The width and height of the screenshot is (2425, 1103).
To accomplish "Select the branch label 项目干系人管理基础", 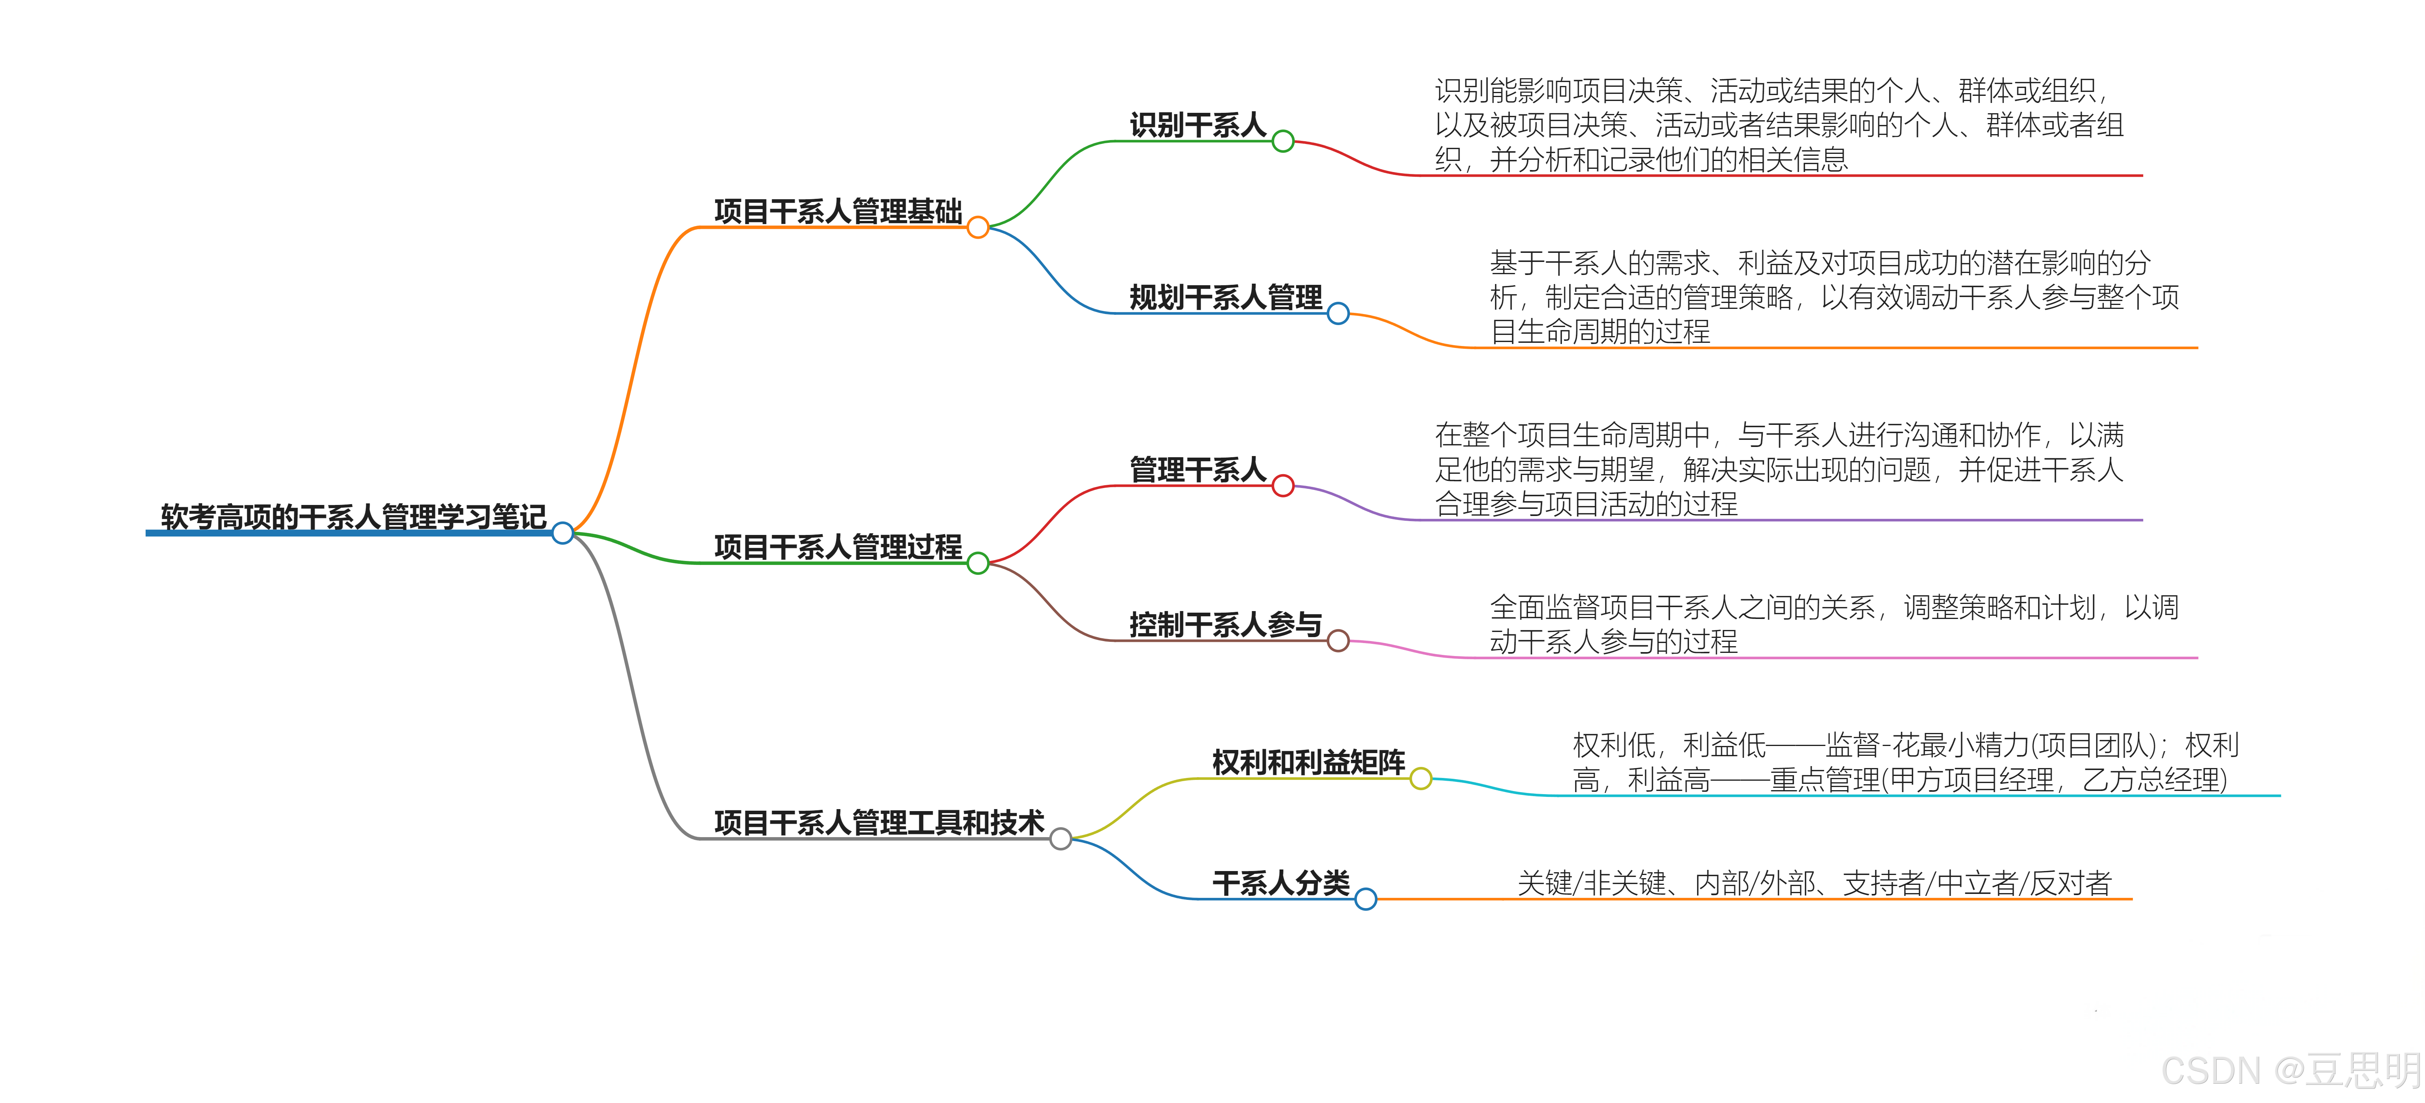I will [838, 211].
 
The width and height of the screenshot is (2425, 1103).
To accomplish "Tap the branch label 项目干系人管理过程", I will [838, 547].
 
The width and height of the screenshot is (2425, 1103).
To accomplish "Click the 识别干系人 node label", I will [1198, 125].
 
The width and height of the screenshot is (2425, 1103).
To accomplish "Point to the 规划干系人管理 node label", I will [1226, 297].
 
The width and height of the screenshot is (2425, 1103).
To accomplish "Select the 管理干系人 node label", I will [1198, 469].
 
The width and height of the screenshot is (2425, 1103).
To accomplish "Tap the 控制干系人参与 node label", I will [1226, 624].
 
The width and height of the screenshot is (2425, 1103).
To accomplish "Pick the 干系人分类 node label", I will [1280, 883].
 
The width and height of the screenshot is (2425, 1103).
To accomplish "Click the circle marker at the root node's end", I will [563, 534].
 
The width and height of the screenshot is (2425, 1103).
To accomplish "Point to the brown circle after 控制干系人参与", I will [1338, 641].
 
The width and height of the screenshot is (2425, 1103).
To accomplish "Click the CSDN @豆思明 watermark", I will [2290, 1071].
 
